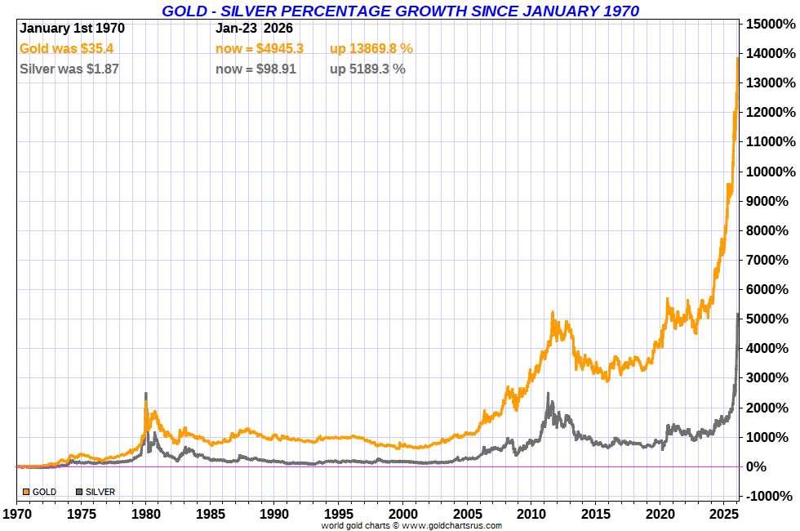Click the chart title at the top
[400, 11]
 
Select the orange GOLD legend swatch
[26, 492]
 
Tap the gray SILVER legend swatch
[79, 492]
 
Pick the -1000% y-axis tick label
[767, 496]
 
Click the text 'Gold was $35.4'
[66, 49]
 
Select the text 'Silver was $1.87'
[69, 69]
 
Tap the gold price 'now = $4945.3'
[260, 49]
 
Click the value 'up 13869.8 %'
[371, 49]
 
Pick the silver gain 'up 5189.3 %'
[367, 69]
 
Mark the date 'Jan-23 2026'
[254, 28]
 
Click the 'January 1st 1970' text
[72, 28]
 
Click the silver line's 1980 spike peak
[145, 394]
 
